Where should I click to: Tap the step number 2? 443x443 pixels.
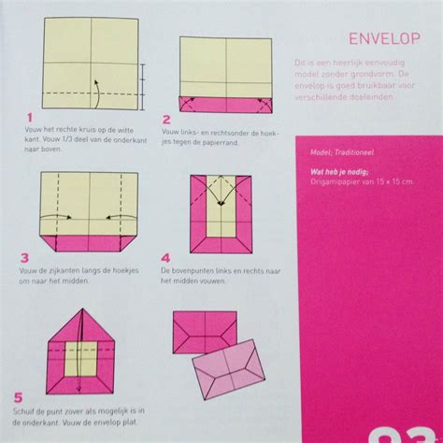point(166,120)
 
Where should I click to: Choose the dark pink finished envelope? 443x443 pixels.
point(205,329)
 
